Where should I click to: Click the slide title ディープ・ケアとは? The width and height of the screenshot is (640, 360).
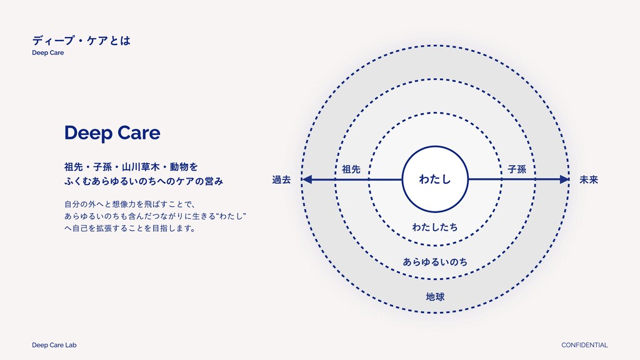[x=81, y=41]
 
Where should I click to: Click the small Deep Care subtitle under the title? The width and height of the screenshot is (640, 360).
[x=48, y=53]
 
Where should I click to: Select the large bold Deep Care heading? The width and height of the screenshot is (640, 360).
[x=112, y=133]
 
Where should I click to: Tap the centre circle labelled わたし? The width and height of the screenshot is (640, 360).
[x=435, y=180]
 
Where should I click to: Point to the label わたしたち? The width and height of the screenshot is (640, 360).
[x=435, y=227]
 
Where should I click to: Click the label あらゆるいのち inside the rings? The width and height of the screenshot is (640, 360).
[x=435, y=261]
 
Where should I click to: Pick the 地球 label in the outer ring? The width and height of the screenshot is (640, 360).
[x=435, y=296]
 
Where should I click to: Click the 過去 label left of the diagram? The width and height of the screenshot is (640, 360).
[x=282, y=180]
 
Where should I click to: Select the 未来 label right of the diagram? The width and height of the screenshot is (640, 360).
[x=589, y=180]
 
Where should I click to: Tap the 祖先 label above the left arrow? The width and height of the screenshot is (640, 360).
[x=351, y=169]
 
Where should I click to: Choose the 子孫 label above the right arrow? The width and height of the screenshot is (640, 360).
[x=517, y=169]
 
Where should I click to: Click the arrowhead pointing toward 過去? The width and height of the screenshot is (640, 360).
[x=307, y=180]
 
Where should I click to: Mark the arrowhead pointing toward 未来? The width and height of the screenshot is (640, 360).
[x=564, y=180]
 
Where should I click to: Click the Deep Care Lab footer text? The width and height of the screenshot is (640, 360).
[x=54, y=345]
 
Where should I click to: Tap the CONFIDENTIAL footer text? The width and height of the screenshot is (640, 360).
[x=584, y=345]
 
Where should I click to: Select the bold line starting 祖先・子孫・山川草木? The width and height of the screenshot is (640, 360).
[x=131, y=167]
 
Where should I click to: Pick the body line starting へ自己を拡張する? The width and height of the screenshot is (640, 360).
[x=130, y=229]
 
